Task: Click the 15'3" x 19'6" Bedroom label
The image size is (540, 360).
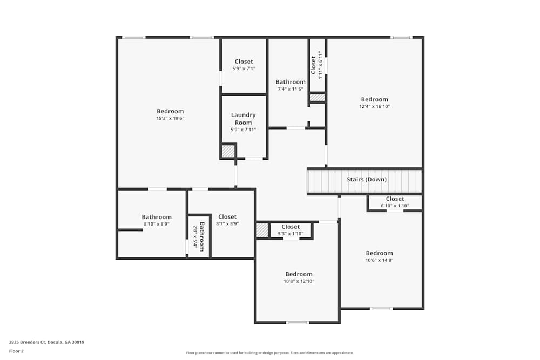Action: (170, 112)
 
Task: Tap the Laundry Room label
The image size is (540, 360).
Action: (243, 119)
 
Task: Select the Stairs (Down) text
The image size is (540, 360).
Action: (366, 179)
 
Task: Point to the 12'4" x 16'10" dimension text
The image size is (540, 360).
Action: (374, 107)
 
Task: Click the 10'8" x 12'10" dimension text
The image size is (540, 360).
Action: (299, 281)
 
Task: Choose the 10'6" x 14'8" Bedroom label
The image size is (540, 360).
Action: (379, 253)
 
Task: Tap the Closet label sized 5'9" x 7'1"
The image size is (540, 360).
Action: (244, 62)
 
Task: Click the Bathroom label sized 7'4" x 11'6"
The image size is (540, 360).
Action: (291, 82)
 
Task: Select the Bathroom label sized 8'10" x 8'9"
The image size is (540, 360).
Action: (157, 217)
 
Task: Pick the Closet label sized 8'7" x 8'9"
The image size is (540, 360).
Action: (227, 217)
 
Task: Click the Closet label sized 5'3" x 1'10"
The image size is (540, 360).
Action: (291, 227)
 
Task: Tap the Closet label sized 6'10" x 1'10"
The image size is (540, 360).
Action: (395, 199)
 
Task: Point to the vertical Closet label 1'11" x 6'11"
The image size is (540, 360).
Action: (313, 65)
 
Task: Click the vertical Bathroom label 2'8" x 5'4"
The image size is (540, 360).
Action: (202, 236)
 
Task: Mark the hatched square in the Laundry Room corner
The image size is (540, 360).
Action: (228, 151)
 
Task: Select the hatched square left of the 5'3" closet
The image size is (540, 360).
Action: (262, 230)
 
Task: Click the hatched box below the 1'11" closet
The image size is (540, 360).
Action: (318, 98)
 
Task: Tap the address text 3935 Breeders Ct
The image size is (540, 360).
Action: (46, 342)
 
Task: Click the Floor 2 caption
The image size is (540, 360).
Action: (16, 351)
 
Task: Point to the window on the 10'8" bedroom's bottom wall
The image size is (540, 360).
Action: (298, 322)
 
